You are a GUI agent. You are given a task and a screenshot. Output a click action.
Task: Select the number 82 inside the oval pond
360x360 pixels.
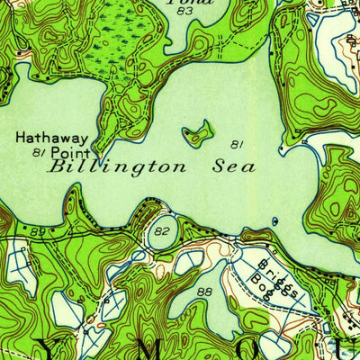(x=161, y=231)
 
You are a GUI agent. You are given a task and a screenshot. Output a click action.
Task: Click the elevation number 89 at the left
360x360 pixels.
(x=36, y=232)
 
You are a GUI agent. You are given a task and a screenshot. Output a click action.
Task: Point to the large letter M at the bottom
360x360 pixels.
(x=142, y=351)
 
